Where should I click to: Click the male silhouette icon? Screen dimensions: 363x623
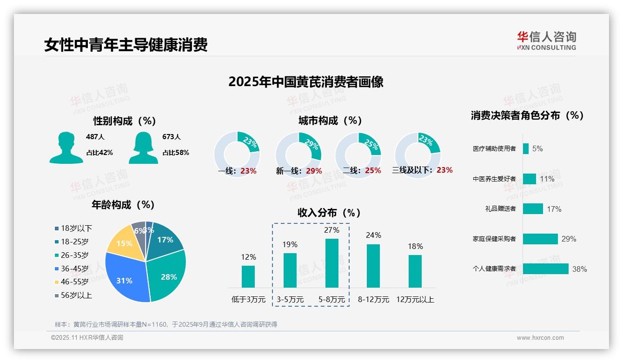[x=66, y=148]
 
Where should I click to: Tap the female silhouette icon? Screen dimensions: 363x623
[x=143, y=148]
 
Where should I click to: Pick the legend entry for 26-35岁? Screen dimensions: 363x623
[x=74, y=255]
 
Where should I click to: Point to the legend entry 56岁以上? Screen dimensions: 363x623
[x=76, y=295]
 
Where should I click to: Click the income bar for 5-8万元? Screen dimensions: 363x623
[x=331, y=263]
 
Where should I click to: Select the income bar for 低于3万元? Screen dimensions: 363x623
[x=248, y=276]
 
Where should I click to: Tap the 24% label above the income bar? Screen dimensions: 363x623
[x=373, y=235]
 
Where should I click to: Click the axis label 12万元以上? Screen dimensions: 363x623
[x=415, y=300]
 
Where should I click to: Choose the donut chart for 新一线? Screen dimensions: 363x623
[x=298, y=155]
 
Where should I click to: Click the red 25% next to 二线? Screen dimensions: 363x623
[x=373, y=171]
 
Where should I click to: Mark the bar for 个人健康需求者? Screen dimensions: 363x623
[x=545, y=269]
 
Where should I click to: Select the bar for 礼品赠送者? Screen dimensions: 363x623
[x=533, y=209]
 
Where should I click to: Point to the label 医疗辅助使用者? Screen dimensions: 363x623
[x=494, y=149]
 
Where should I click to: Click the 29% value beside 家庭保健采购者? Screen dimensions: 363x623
[x=569, y=239]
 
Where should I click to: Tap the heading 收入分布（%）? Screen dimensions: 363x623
[x=329, y=213]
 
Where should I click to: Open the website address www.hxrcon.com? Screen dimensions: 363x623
[x=540, y=338]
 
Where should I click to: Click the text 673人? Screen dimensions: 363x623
[x=172, y=137]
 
